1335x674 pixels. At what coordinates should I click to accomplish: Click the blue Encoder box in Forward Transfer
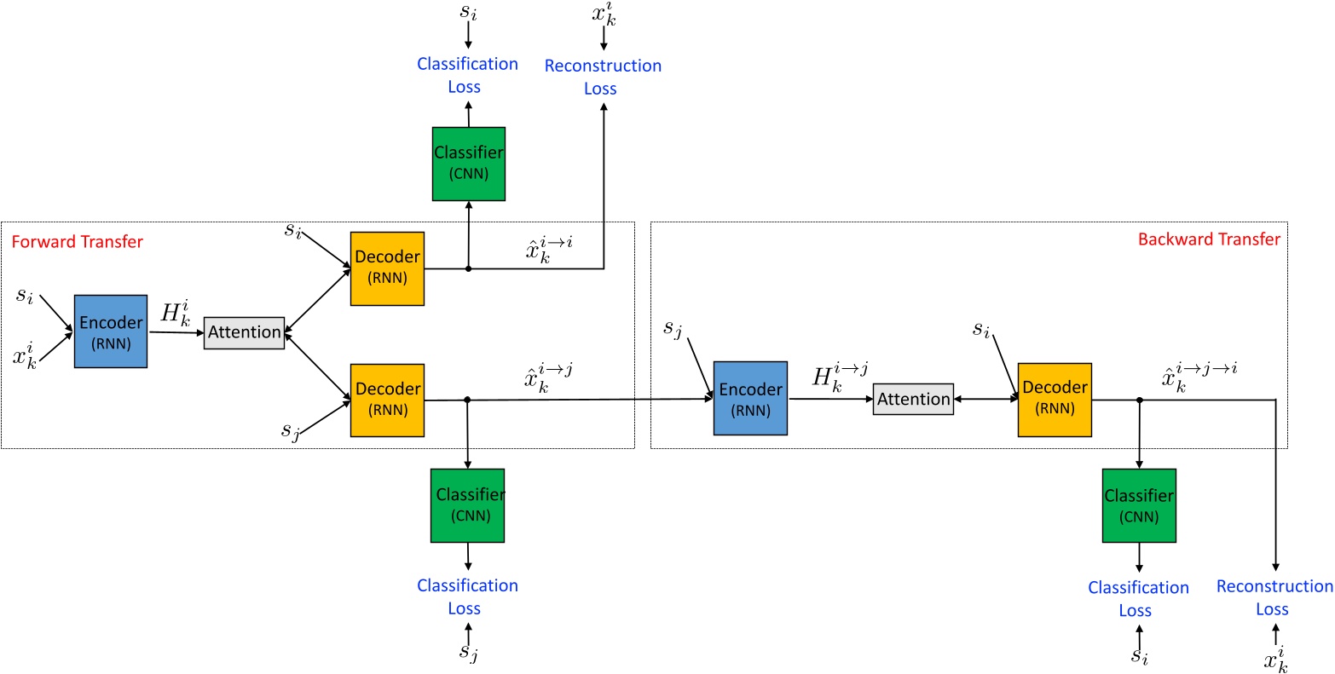point(110,331)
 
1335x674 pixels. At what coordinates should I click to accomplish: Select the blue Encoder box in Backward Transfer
point(750,399)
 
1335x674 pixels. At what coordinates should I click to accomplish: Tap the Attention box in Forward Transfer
point(245,332)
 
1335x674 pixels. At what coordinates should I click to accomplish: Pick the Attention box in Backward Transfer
point(913,400)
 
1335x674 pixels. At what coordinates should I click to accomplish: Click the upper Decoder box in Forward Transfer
point(387,268)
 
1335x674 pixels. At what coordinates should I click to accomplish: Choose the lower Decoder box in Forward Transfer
point(387,400)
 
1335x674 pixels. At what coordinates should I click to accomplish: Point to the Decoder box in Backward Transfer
point(1055,399)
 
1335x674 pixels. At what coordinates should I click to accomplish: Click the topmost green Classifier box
point(468,164)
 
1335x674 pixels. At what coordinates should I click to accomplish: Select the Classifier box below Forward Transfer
point(468,505)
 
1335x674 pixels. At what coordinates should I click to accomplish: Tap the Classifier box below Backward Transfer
point(1139,505)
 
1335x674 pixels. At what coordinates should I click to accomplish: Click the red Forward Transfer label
point(78,242)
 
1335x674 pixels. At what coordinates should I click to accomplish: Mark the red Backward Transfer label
point(1209,239)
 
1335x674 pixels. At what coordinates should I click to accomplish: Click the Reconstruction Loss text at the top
point(603,77)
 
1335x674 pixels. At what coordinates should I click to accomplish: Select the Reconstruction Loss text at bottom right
point(1274,597)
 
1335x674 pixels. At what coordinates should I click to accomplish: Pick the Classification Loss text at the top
point(467,75)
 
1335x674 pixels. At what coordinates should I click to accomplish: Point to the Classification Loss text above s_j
point(467,596)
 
